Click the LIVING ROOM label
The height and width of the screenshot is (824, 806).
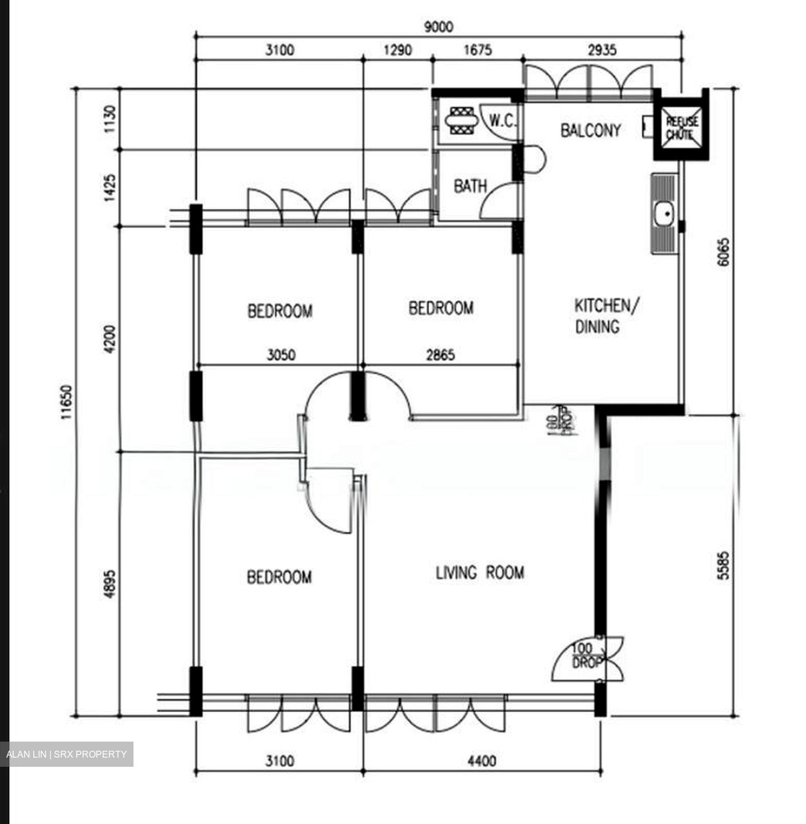(479, 573)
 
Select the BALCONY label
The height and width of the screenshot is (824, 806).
(590, 130)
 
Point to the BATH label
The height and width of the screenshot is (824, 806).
(470, 186)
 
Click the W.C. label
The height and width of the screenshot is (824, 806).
(503, 121)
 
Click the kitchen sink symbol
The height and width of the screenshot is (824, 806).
(665, 214)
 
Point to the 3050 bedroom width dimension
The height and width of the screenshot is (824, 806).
(281, 355)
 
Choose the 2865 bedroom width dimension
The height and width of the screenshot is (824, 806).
(440, 355)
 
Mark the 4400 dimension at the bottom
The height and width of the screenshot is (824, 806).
(482, 761)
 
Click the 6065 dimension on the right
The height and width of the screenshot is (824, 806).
(724, 252)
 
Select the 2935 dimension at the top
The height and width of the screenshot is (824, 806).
(602, 50)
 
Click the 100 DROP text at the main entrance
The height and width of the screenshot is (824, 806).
(587, 656)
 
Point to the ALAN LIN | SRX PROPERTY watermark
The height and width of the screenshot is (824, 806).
(66, 754)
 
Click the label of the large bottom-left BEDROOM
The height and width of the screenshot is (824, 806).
(279, 577)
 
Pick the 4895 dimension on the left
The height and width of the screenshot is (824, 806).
(109, 584)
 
